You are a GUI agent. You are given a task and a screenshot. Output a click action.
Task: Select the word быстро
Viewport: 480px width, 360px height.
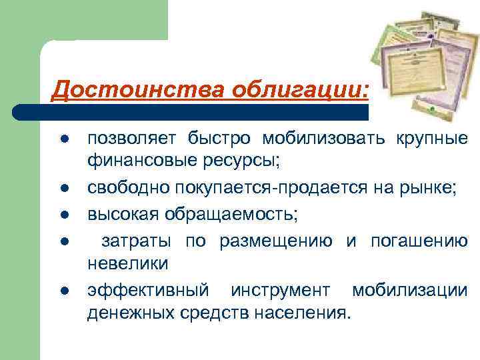(215, 139)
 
